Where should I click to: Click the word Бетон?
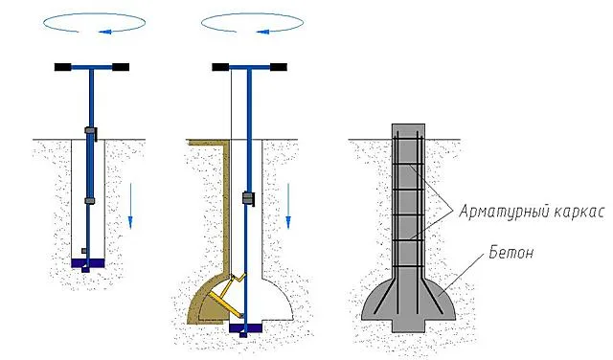511,253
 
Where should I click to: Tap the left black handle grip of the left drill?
62,67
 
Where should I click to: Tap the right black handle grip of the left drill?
121,67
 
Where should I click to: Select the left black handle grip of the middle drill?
220,67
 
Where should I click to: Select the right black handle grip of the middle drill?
279,67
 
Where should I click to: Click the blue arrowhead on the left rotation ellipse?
104,32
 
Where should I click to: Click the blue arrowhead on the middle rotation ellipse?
262,32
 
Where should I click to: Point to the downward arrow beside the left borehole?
130,206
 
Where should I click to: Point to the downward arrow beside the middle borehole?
288,206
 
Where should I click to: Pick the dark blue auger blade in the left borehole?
88,264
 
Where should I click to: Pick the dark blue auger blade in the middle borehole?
245,328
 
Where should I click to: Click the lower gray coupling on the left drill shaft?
90,201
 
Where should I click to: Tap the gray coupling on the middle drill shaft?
248,198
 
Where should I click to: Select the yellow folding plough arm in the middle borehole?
226,298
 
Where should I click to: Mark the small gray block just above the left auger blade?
83,251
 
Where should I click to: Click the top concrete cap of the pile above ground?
409,131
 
